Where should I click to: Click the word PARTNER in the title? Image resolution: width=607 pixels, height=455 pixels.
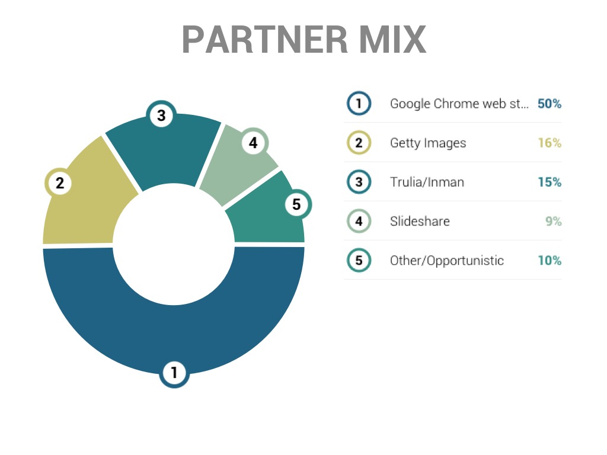point(265,39)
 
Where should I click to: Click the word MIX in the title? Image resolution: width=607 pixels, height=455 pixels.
point(392,39)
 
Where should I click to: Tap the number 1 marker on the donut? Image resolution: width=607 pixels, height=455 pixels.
point(174,373)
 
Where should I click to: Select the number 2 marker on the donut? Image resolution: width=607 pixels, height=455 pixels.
point(60,183)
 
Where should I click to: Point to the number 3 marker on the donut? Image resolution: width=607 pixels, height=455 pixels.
point(161,116)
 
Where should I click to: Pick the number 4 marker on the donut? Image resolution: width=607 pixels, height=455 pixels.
point(253,143)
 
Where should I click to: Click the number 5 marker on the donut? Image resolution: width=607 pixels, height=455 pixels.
point(296,204)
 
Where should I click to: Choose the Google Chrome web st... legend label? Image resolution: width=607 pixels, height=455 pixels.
point(459,104)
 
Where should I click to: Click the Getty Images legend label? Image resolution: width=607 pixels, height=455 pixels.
point(428,143)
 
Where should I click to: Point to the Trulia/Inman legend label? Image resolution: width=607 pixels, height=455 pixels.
point(427,182)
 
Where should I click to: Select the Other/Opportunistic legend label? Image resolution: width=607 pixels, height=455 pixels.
point(447,261)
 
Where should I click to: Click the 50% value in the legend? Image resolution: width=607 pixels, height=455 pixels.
point(550,104)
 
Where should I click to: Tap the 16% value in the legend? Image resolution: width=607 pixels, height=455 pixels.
point(550,143)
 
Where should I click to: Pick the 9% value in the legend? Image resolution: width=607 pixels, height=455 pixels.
point(554,221)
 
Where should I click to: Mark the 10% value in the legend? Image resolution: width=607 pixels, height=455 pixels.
point(550,261)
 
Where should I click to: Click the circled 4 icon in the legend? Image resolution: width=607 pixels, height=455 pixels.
point(359,221)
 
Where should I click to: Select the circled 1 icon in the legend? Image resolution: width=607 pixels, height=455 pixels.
point(359,103)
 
